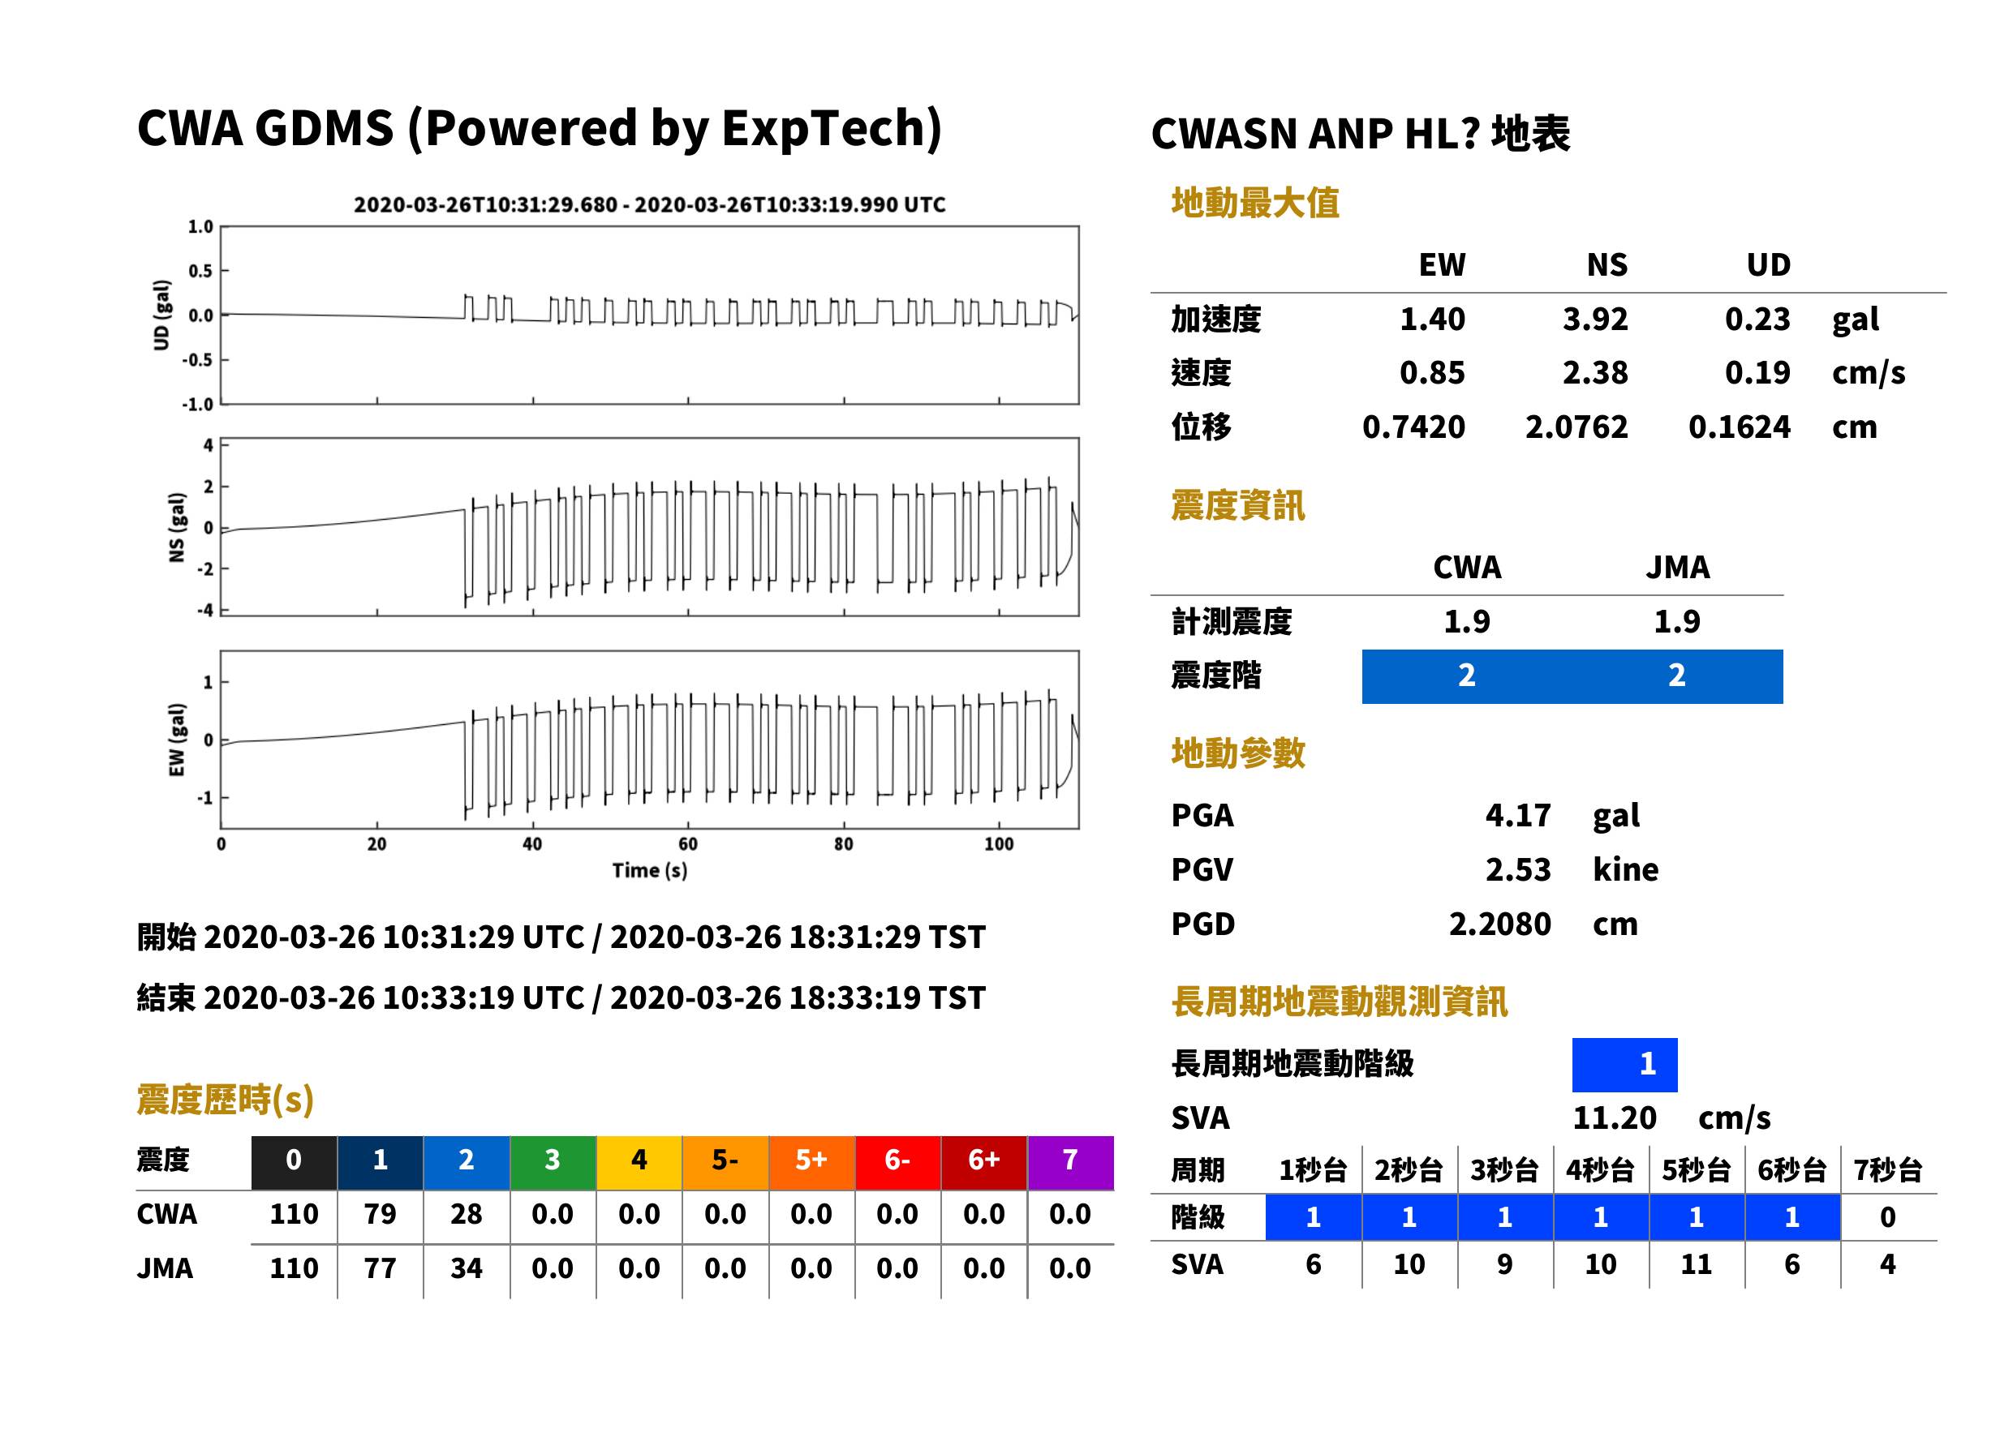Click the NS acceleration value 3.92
coord(1594,320)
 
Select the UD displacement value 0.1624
coord(1739,427)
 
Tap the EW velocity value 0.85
coord(1431,373)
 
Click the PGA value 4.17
coord(1517,816)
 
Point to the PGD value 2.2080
coord(1499,924)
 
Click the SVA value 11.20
coord(1614,1118)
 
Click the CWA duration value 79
coord(380,1214)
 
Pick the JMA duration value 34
coord(466,1269)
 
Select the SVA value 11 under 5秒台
coord(1695,1264)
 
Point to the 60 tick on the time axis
coord(688,844)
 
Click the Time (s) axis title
coord(649,871)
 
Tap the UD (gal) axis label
coord(161,315)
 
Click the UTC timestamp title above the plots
coord(649,205)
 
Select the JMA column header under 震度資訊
coord(1678,567)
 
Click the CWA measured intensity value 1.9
coord(1467,622)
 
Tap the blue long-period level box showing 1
coord(1624,1065)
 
